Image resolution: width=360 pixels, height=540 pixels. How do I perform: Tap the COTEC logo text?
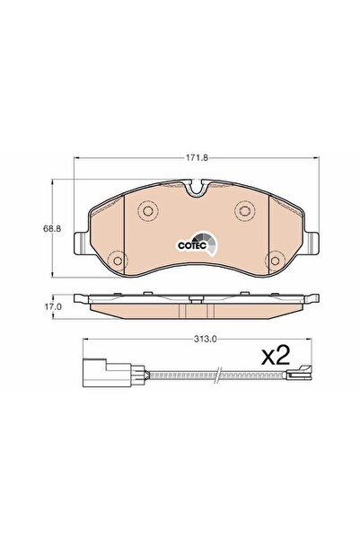click(192, 245)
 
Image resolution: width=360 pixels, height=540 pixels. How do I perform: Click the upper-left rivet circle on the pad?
click(147, 210)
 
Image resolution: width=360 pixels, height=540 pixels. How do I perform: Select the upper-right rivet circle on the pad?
click(245, 209)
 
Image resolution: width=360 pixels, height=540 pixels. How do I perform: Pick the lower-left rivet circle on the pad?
click(118, 261)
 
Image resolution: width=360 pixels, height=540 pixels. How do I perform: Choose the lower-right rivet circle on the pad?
click(275, 261)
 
